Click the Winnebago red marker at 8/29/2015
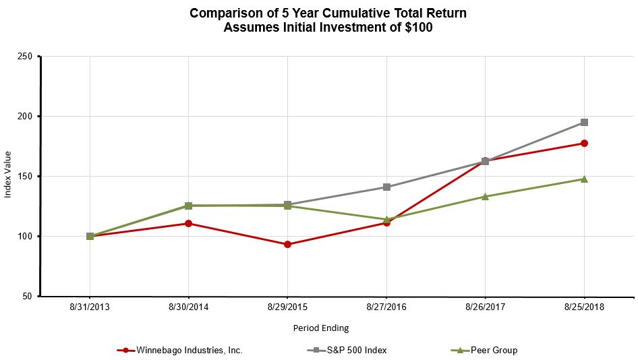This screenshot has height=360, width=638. [287, 244]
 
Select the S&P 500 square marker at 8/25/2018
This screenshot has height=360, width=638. [584, 122]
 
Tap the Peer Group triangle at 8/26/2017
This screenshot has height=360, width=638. [485, 196]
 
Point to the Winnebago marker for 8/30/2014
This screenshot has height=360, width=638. [188, 223]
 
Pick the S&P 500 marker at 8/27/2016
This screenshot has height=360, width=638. [386, 187]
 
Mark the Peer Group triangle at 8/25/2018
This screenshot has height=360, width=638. [584, 179]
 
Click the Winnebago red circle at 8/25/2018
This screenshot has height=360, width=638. [584, 143]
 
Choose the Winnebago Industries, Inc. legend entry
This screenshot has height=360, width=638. [189, 350]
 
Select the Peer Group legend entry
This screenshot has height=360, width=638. [495, 350]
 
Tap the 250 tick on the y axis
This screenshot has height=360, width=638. [25, 56]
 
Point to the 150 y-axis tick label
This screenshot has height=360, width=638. [25, 176]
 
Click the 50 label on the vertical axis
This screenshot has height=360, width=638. [27, 296]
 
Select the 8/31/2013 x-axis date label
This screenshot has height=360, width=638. [90, 307]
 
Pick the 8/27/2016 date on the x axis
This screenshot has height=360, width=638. [386, 307]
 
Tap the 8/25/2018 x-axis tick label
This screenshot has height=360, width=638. [584, 307]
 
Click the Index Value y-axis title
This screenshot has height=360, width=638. [8, 176]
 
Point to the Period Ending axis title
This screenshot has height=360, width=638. [321, 328]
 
